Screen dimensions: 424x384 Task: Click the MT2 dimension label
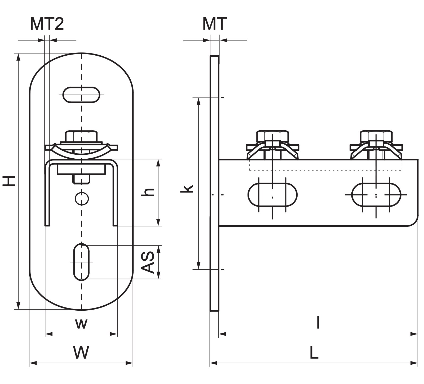tap(47, 24)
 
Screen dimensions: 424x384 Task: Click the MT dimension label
tap(214, 24)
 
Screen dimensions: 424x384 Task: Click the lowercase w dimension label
tap(81, 323)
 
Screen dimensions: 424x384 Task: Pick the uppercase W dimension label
tap(81, 352)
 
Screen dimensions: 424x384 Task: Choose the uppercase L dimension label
tap(314, 352)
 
